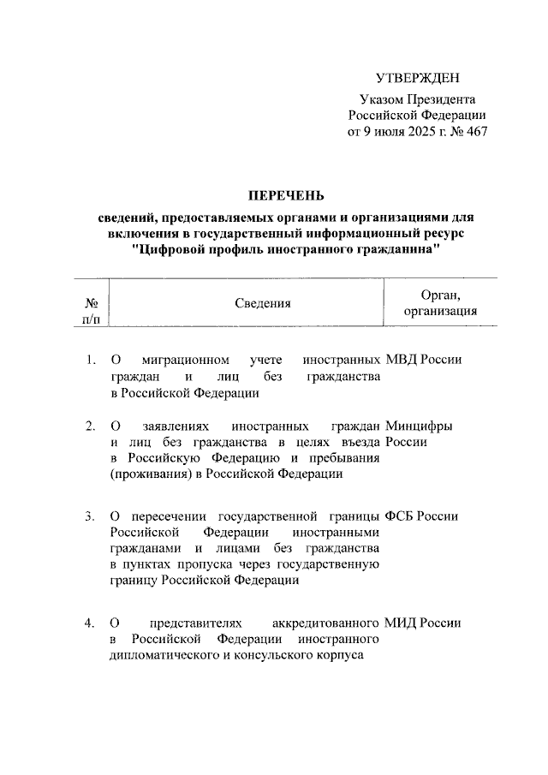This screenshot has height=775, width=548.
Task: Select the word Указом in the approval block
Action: (381, 100)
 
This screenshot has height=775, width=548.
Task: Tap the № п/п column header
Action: (91, 311)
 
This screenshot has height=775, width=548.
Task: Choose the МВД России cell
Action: (424, 360)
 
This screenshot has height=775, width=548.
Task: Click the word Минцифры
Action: (420, 426)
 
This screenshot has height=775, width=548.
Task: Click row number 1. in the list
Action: (91, 360)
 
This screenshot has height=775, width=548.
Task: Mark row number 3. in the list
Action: (91, 516)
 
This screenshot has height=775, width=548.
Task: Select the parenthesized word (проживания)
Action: (146, 474)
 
